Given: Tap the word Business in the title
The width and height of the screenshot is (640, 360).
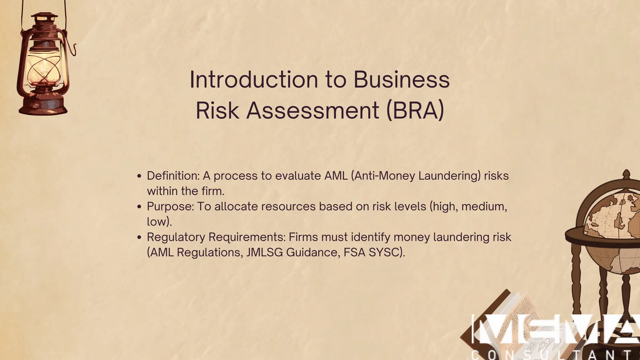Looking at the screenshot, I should pos(401,79).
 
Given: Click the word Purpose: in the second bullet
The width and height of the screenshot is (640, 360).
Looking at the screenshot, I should pos(170,207).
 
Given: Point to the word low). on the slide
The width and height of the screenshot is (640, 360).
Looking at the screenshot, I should pos(159,222).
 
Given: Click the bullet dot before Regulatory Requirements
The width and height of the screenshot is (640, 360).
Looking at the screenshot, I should pos(139,237).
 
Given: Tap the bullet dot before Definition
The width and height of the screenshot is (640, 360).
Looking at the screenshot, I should pos(139,176).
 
